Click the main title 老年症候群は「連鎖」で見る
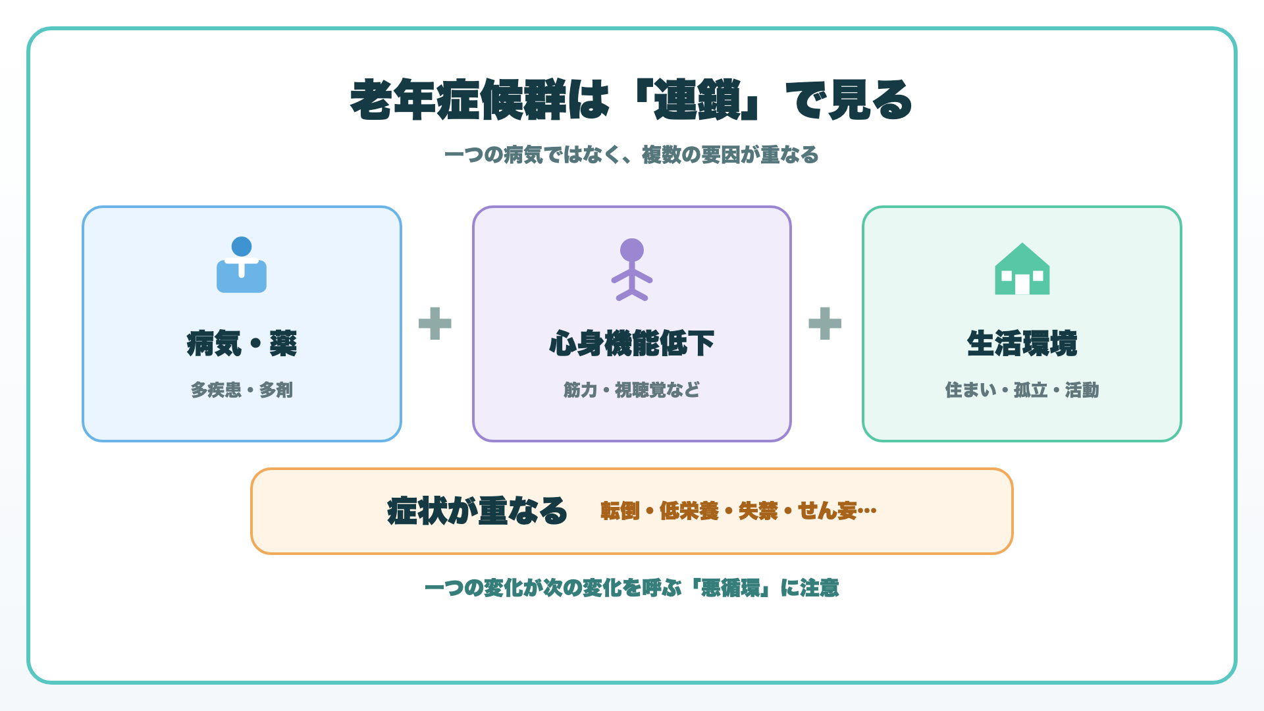(631, 100)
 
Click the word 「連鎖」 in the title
(698, 100)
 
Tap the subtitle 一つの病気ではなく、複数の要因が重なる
(631, 155)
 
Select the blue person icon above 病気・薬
(242, 265)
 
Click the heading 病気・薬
(242, 344)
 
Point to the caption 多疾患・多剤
(242, 390)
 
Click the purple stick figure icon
(632, 270)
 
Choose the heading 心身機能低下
(632, 344)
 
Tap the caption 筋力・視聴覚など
(632, 390)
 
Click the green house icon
(1022, 269)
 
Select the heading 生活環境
(1022, 344)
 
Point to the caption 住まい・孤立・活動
(1022, 390)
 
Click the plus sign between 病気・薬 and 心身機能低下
(435, 323)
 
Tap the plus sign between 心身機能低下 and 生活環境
(825, 323)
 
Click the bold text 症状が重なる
(477, 511)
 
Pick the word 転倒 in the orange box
(620, 511)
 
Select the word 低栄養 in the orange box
(689, 511)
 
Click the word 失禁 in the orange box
(758, 511)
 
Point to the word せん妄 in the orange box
(828, 511)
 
